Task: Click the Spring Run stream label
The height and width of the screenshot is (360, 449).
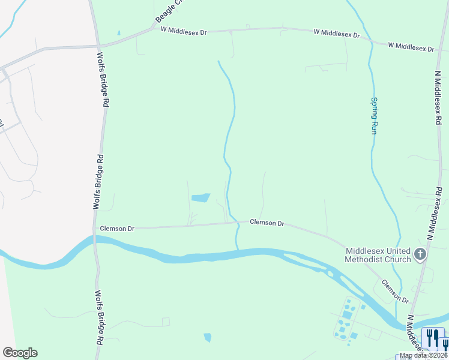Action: (x=373, y=115)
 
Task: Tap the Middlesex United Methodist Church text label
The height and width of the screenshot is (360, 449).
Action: (x=378, y=255)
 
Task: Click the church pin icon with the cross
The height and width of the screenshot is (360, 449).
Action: (x=420, y=254)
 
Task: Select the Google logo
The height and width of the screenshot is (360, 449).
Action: (x=20, y=353)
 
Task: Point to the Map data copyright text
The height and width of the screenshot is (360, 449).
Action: (x=423, y=355)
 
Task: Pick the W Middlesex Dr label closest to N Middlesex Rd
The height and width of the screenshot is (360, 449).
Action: (x=411, y=46)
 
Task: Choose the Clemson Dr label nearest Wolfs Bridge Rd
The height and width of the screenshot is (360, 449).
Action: (x=117, y=229)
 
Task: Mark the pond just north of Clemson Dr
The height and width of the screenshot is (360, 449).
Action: (x=200, y=197)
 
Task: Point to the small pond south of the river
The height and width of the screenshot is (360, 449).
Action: (x=208, y=338)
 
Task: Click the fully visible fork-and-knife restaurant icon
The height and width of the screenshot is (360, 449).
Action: (x=432, y=338)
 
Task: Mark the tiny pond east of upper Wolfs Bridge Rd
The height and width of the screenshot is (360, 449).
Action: (x=119, y=32)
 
